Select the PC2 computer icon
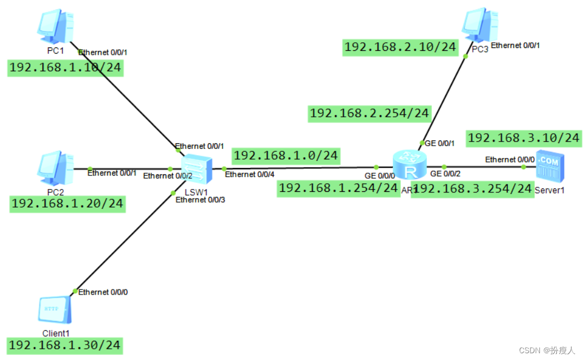(55, 166)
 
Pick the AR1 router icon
(407, 166)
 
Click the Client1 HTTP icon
(55, 310)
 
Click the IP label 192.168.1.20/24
(67, 204)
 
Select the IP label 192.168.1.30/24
(65, 345)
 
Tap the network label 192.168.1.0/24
(286, 155)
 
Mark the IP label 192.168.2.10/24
(400, 47)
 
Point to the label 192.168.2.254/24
(370, 113)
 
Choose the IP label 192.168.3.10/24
(524, 138)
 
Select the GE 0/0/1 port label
(438, 143)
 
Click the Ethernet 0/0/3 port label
(200, 200)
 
